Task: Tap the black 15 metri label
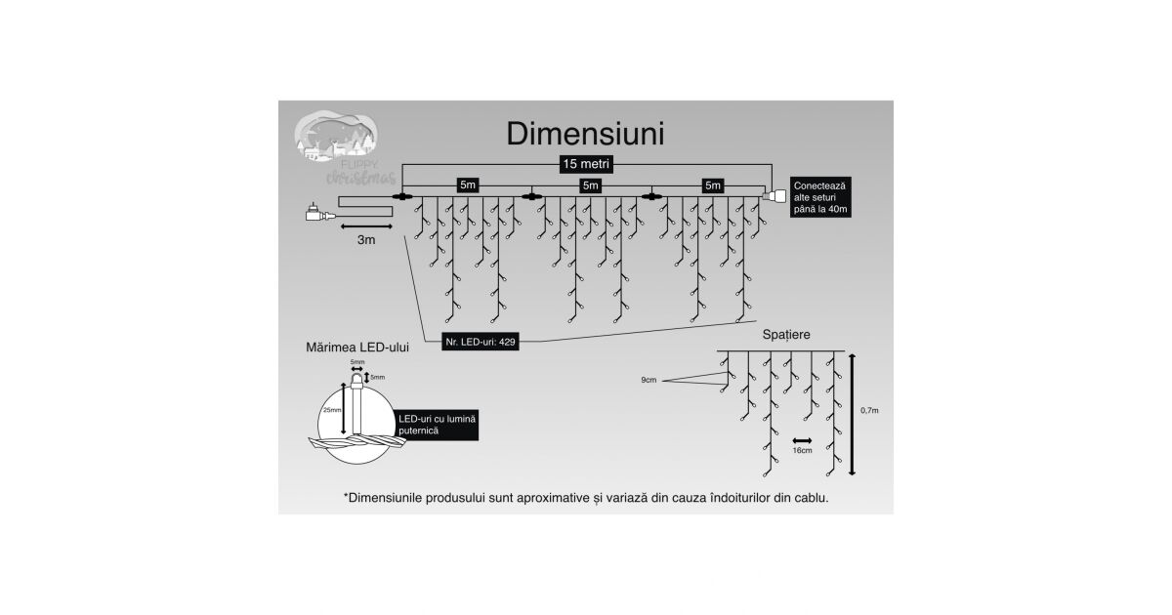[586, 164]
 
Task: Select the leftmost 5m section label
[468, 184]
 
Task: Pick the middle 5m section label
[590, 184]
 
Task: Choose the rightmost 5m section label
[713, 184]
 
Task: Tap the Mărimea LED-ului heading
[357, 347]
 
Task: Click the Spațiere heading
[786, 334]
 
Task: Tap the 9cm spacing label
[649, 379]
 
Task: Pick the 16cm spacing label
[803, 452]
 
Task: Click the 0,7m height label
[869, 411]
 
